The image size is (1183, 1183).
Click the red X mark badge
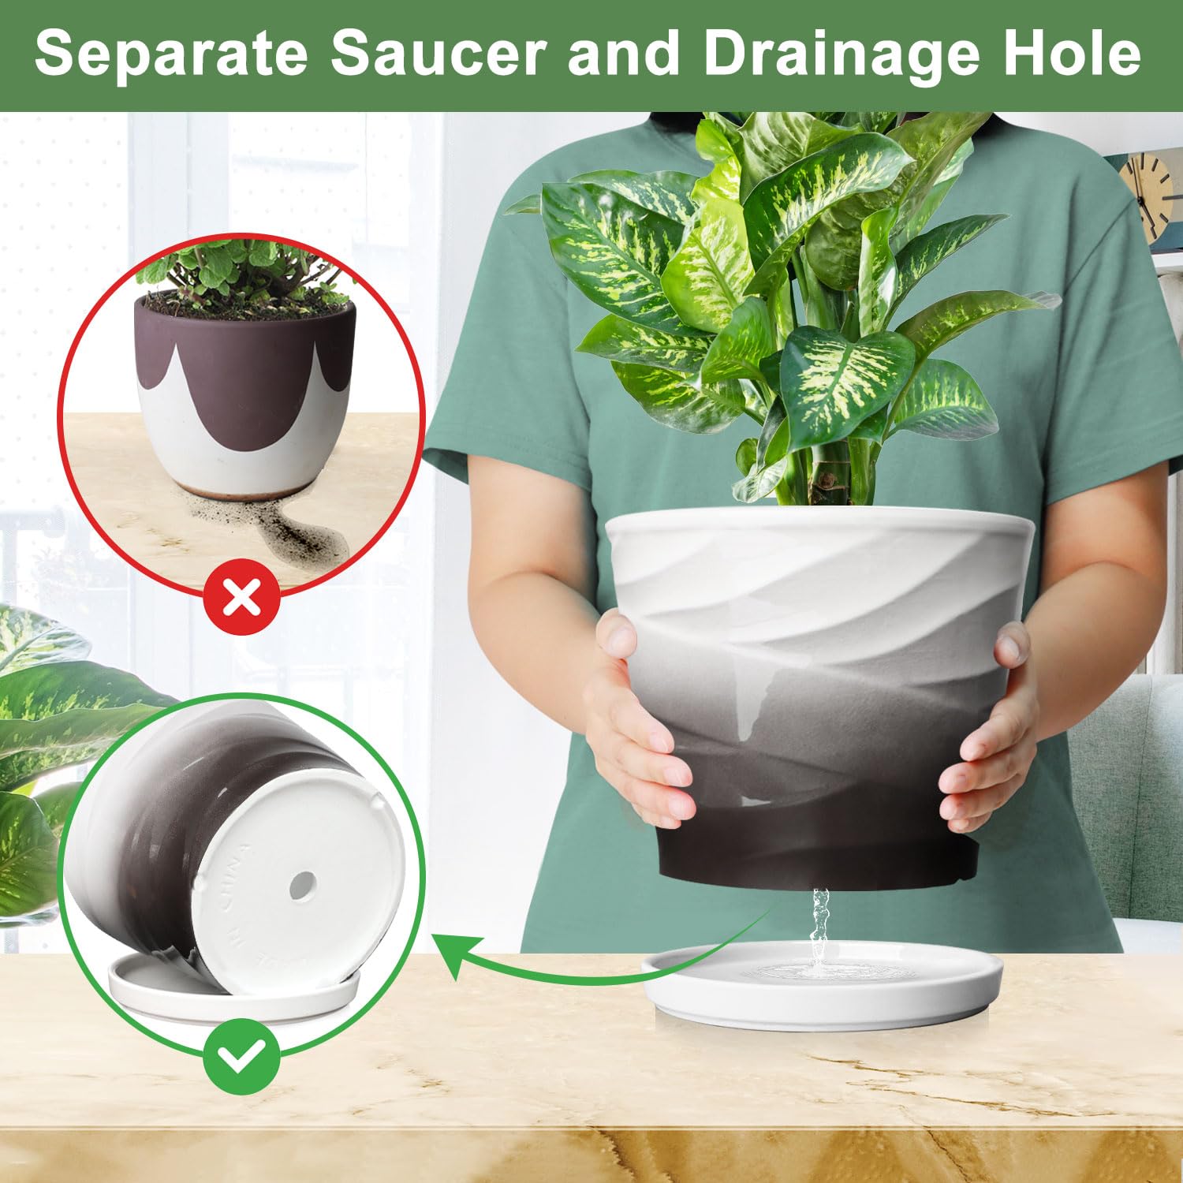[x=242, y=598]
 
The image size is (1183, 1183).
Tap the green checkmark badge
[x=241, y=1058]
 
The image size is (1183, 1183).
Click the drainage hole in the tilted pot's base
[x=301, y=886]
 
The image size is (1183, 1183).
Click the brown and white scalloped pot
[x=244, y=394]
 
